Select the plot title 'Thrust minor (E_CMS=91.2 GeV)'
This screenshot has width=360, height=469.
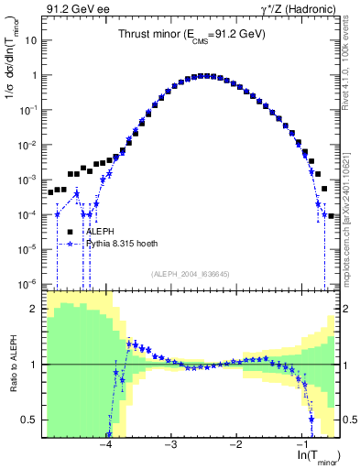coord(191,34)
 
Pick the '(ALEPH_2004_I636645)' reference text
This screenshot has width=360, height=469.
coord(191,273)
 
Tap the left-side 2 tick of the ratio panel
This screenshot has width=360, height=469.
coord(36,309)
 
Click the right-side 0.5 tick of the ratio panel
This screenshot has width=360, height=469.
coord(349,420)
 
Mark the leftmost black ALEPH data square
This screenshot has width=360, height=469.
coord(51,192)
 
